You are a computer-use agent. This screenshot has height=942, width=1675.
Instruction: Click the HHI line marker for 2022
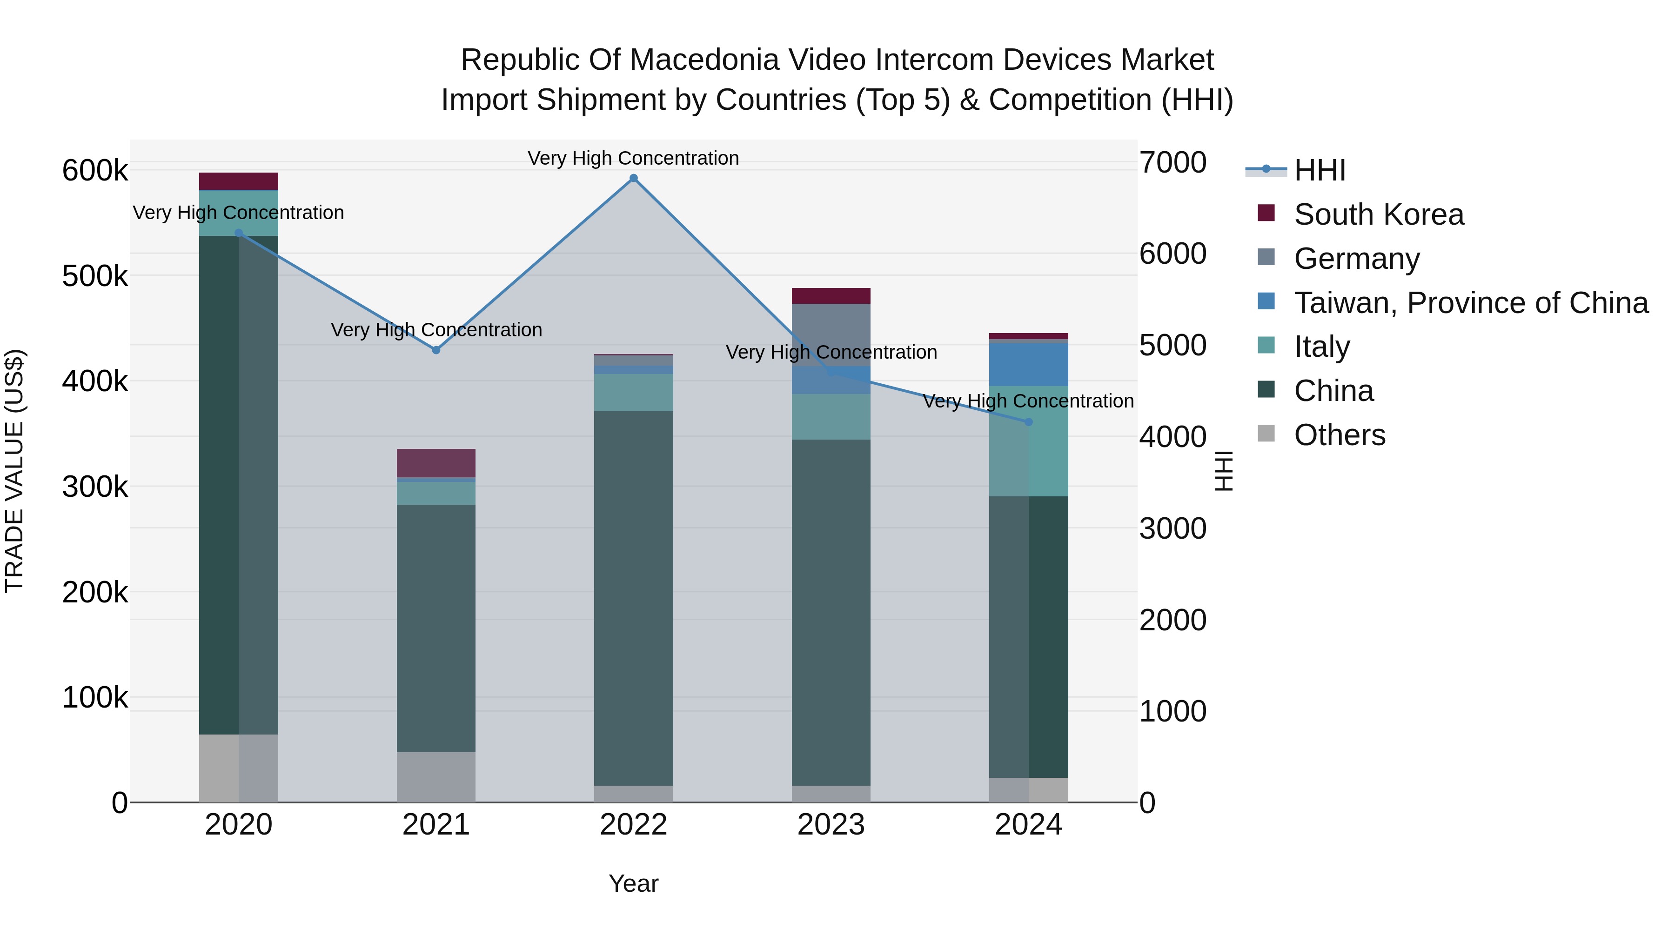(633, 178)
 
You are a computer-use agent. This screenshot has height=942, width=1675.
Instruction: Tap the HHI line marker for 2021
(436, 350)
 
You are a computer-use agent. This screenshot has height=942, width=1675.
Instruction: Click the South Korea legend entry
(1379, 214)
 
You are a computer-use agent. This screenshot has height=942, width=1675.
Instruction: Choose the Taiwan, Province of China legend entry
(1471, 303)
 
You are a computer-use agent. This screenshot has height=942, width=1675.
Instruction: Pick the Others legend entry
(1340, 435)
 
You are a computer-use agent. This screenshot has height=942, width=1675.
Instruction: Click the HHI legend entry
(1320, 170)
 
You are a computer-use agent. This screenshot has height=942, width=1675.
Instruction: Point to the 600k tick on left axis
(95, 171)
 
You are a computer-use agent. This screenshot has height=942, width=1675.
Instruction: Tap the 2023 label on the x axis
(831, 825)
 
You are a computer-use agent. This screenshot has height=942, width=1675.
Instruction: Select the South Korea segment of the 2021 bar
(436, 463)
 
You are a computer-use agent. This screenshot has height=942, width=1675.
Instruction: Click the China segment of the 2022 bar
(633, 598)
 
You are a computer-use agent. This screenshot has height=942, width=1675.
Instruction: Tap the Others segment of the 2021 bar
(436, 777)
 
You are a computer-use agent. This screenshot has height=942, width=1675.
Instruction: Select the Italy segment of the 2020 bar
(239, 213)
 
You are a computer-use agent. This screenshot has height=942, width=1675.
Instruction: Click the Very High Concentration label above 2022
(633, 158)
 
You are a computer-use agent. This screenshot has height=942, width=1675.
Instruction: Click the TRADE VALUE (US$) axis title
(15, 471)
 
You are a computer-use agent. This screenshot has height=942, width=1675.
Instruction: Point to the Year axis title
(633, 883)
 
